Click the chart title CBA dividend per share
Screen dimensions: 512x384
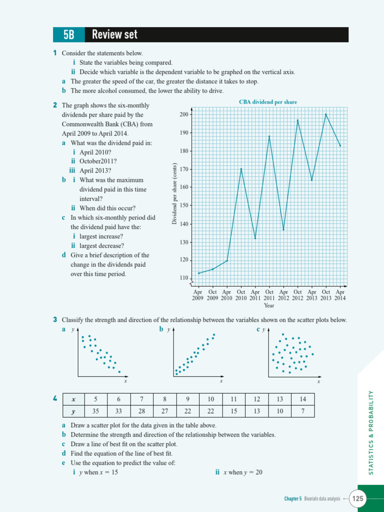[268, 102]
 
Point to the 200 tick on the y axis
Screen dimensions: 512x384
[184, 114]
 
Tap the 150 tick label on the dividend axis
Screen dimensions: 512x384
[184, 205]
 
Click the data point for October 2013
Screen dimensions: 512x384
[326, 114]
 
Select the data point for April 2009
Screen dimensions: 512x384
[198, 273]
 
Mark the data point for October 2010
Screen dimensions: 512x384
[241, 169]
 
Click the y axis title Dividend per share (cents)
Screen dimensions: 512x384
[174, 194]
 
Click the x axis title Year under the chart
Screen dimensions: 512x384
[269, 305]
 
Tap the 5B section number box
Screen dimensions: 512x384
[69, 34]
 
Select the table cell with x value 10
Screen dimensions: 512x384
[211, 399]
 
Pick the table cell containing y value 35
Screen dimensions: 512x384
[95, 411]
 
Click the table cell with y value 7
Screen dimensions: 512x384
[302, 411]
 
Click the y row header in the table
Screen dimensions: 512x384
[73, 411]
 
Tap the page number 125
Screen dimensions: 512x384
[358, 498]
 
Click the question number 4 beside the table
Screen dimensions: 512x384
[54, 398]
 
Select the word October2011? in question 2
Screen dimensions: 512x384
[98, 161]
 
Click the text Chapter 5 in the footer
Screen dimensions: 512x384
[293, 498]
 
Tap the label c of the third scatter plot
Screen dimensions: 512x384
[258, 329]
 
